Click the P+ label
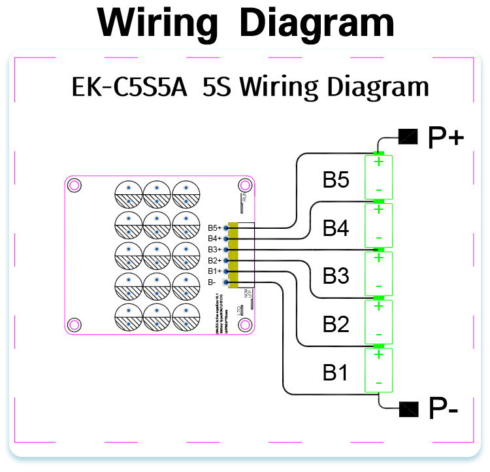(x=446, y=138)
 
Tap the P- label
(x=444, y=409)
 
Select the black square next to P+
(x=408, y=137)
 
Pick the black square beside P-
(x=408, y=409)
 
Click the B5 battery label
(x=336, y=180)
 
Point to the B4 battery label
(x=336, y=228)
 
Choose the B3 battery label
(x=336, y=277)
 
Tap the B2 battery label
(x=336, y=325)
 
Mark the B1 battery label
(x=336, y=373)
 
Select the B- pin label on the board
(x=212, y=282)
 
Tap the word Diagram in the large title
(x=317, y=24)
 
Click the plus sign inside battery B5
(x=378, y=162)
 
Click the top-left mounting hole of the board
(x=74, y=185)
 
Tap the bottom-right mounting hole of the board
(x=245, y=322)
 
